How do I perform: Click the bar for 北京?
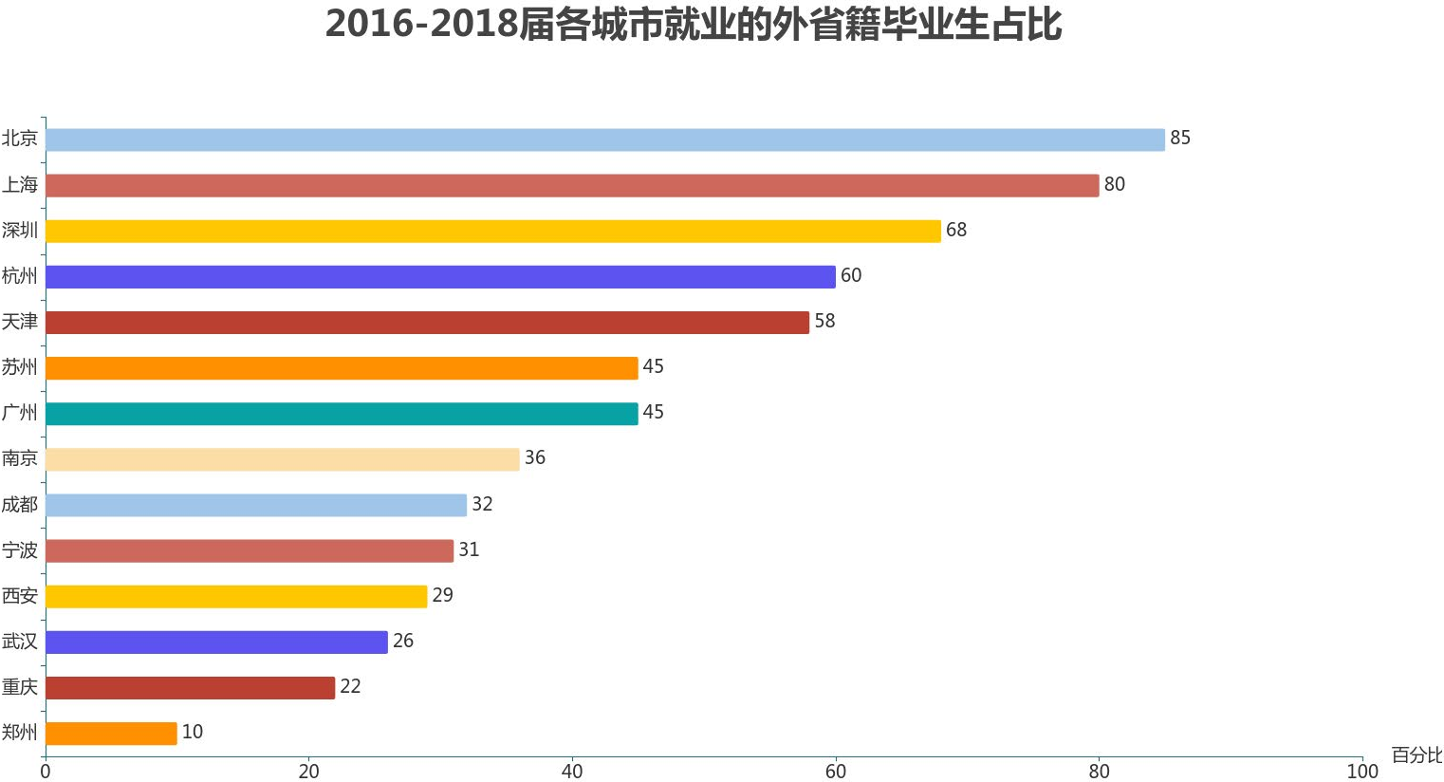604,140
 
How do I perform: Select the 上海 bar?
571,185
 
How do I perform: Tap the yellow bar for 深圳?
492,231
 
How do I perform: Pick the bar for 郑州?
111,733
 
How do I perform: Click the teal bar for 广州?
342,413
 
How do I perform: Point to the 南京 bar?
282,458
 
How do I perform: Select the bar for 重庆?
190,687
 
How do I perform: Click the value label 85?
1179,139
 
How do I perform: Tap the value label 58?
824,322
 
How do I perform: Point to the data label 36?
535,458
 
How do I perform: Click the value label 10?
193,733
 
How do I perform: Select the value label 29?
442,596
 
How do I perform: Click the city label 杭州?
20,276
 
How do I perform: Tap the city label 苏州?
20,367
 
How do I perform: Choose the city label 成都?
20,505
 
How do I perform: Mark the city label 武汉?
20,642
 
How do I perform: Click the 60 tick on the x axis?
835,772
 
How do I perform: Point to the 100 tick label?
1362,772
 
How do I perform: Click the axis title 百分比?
1416,755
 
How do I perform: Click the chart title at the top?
693,25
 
